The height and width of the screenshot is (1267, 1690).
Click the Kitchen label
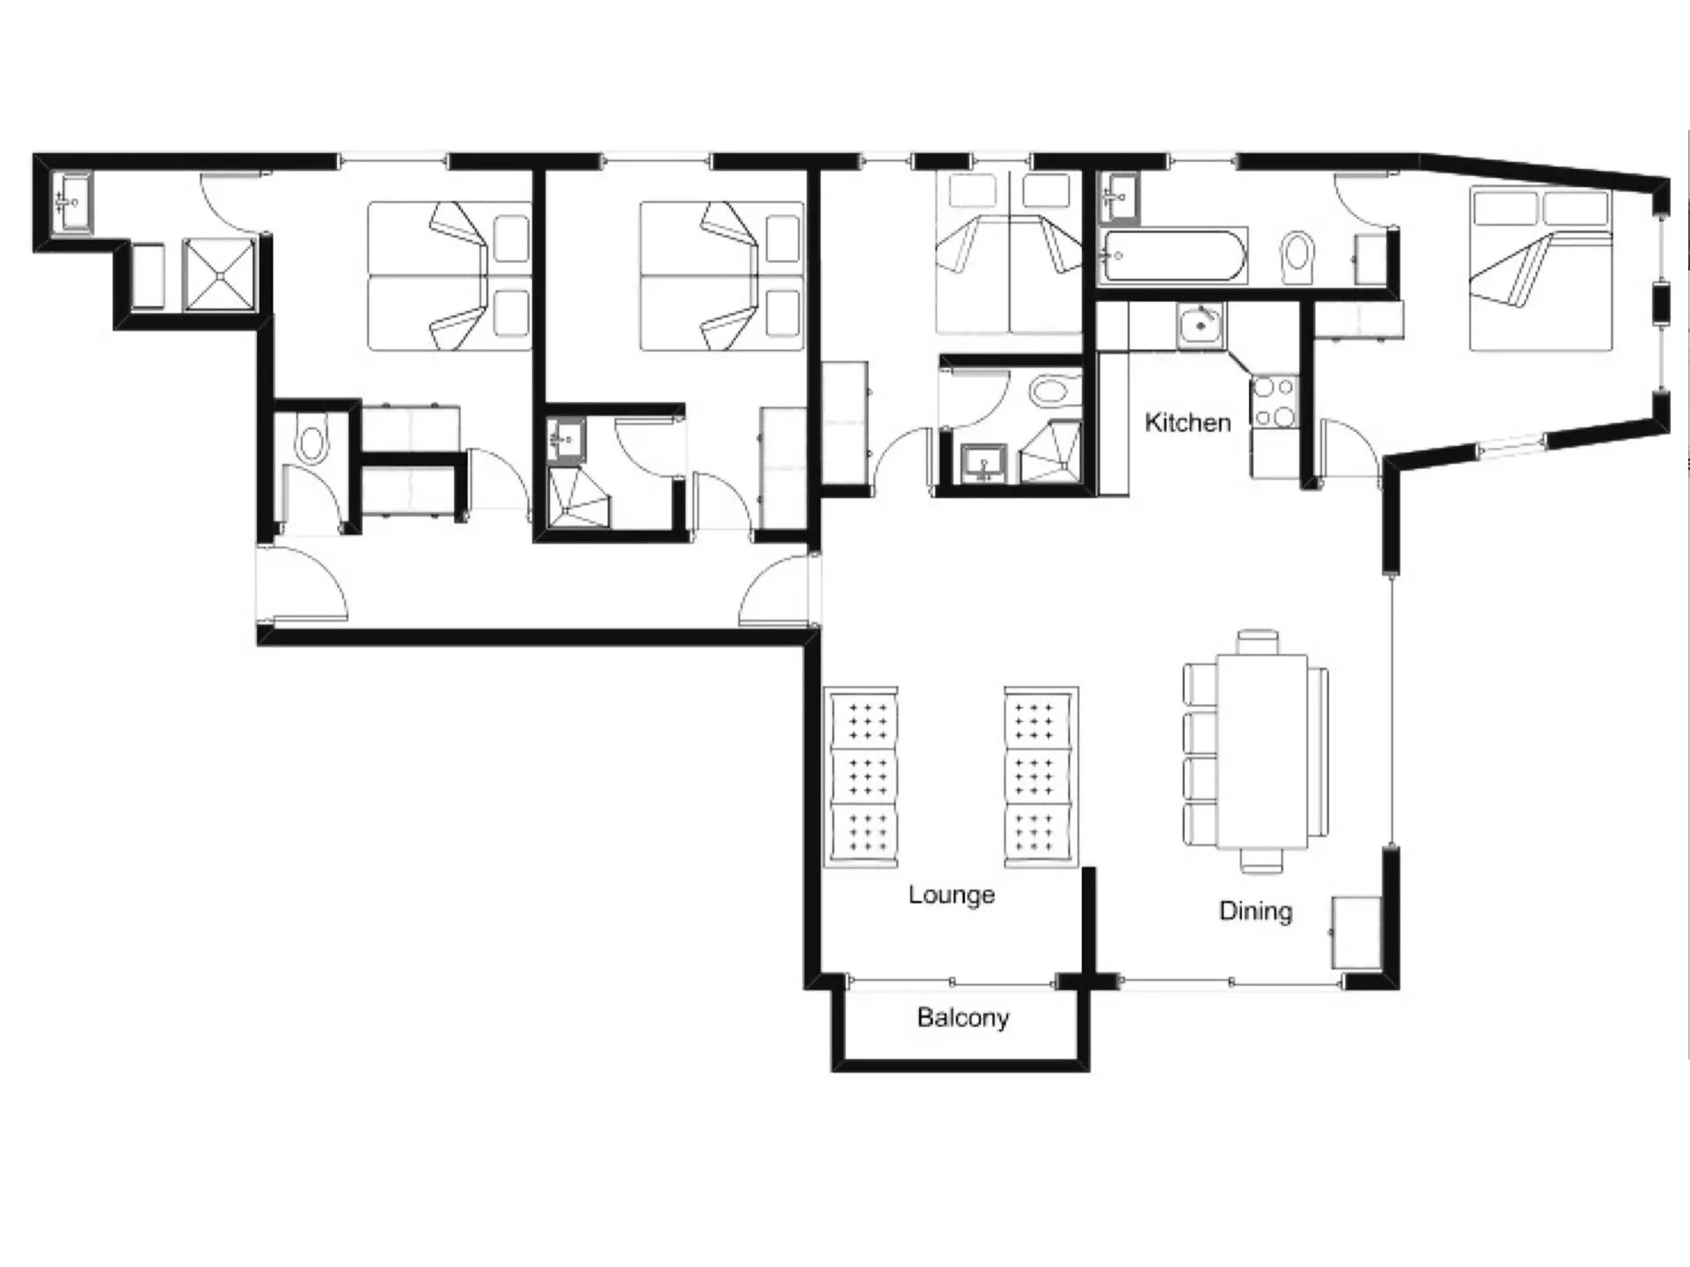point(1187,422)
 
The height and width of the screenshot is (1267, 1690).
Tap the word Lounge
point(952,896)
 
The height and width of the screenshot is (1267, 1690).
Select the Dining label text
point(1255,912)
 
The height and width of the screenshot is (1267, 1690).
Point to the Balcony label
point(963,1017)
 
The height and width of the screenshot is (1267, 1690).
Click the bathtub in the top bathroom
point(1172,255)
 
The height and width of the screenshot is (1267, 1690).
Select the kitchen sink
point(1201,325)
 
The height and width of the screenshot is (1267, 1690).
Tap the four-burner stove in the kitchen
point(1273,401)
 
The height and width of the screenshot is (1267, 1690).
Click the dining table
point(1261,751)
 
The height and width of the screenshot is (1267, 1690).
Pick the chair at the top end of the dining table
point(1258,641)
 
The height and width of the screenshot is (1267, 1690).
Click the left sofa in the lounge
point(861,778)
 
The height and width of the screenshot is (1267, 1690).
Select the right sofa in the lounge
point(1041,778)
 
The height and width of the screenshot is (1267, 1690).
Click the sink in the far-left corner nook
point(70,202)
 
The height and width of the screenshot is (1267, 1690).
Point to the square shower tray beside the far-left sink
point(219,275)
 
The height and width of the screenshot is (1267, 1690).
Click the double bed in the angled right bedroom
point(1540,269)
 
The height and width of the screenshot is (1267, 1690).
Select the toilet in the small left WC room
point(311,443)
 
